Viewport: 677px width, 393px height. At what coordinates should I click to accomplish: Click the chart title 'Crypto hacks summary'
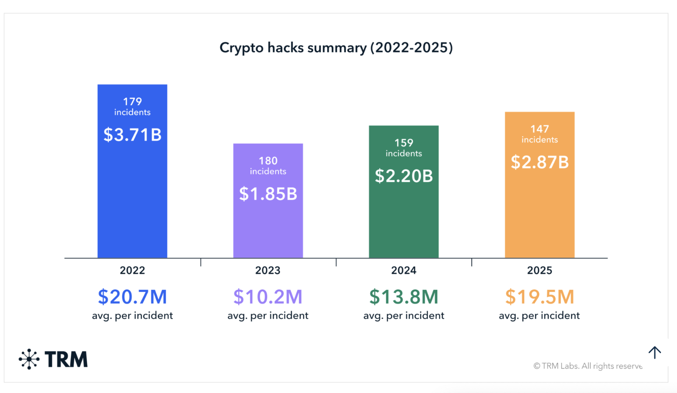pyautogui.click(x=336, y=47)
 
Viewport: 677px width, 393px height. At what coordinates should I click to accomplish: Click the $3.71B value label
pyautogui.click(x=132, y=135)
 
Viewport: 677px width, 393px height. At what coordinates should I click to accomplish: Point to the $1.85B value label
pyautogui.click(x=268, y=194)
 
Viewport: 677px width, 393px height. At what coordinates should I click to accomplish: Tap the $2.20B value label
pyautogui.click(x=404, y=176)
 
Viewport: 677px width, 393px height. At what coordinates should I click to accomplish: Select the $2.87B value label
pyautogui.click(x=540, y=162)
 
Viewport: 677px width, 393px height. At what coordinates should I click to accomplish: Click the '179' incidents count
pyautogui.click(x=132, y=102)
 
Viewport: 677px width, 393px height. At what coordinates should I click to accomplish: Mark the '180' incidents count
pyautogui.click(x=268, y=161)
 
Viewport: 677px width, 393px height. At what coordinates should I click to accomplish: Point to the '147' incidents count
pyautogui.click(x=540, y=129)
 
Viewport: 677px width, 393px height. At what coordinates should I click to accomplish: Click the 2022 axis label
pyautogui.click(x=132, y=271)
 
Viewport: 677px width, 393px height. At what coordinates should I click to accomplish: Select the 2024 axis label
pyautogui.click(x=404, y=271)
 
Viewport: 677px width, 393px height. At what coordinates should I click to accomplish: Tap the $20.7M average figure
pyautogui.click(x=132, y=297)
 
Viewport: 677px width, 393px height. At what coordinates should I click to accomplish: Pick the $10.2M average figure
pyautogui.click(x=268, y=297)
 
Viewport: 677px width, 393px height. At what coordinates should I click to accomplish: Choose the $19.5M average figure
pyautogui.click(x=540, y=297)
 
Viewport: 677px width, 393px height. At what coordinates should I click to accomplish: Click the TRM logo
pyautogui.click(x=53, y=359)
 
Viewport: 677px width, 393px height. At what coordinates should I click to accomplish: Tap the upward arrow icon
pyautogui.click(x=654, y=352)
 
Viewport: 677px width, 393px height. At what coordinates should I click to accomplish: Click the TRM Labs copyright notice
pyautogui.click(x=588, y=366)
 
